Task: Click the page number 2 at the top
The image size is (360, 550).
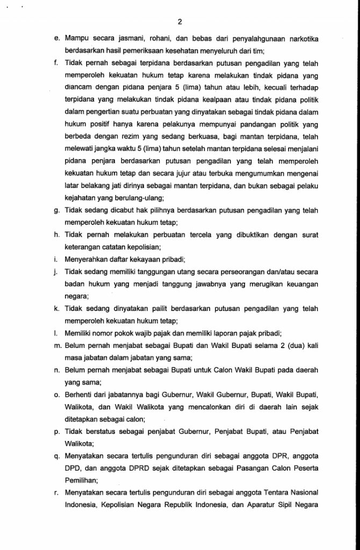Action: [180, 22]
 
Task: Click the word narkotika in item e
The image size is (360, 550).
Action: [299, 39]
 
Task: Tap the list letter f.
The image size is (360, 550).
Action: [56, 63]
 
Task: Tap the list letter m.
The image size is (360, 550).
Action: [56, 346]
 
